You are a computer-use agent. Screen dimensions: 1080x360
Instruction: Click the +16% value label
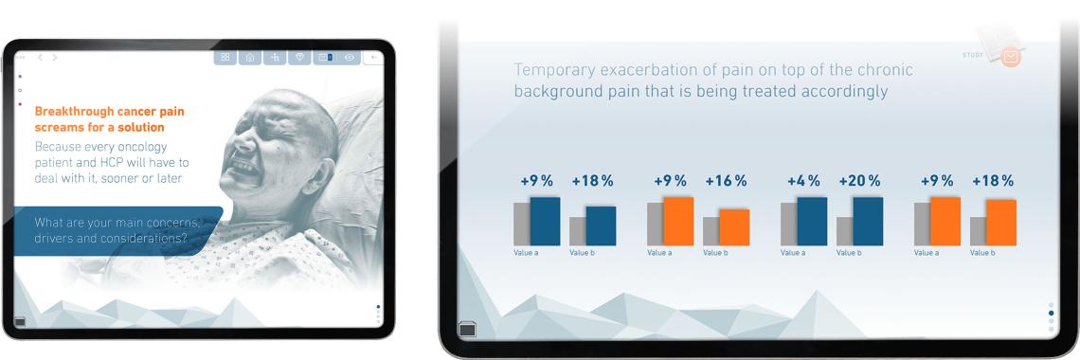pyautogui.click(x=726, y=181)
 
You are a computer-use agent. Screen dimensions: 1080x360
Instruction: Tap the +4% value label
pyautogui.click(x=803, y=181)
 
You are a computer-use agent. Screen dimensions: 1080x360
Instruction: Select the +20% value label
pyautogui.click(x=859, y=181)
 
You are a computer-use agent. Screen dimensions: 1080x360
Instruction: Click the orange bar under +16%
pyautogui.click(x=734, y=227)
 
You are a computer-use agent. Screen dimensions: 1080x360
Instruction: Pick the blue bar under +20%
pyautogui.click(x=868, y=221)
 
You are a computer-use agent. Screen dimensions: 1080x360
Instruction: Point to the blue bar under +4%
pyautogui.click(x=812, y=221)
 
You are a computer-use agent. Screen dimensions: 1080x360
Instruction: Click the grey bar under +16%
pyautogui.click(x=711, y=231)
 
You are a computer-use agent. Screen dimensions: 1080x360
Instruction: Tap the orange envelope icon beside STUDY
pyautogui.click(x=1011, y=57)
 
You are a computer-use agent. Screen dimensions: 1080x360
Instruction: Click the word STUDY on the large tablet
pyautogui.click(x=973, y=54)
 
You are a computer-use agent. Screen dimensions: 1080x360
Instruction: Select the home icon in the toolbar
pyautogui.click(x=249, y=58)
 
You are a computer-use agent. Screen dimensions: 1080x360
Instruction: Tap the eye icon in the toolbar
pyautogui.click(x=350, y=58)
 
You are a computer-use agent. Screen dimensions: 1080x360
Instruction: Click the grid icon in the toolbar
pyautogui.click(x=225, y=58)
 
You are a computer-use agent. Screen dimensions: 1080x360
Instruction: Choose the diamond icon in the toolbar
pyautogui.click(x=299, y=58)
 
